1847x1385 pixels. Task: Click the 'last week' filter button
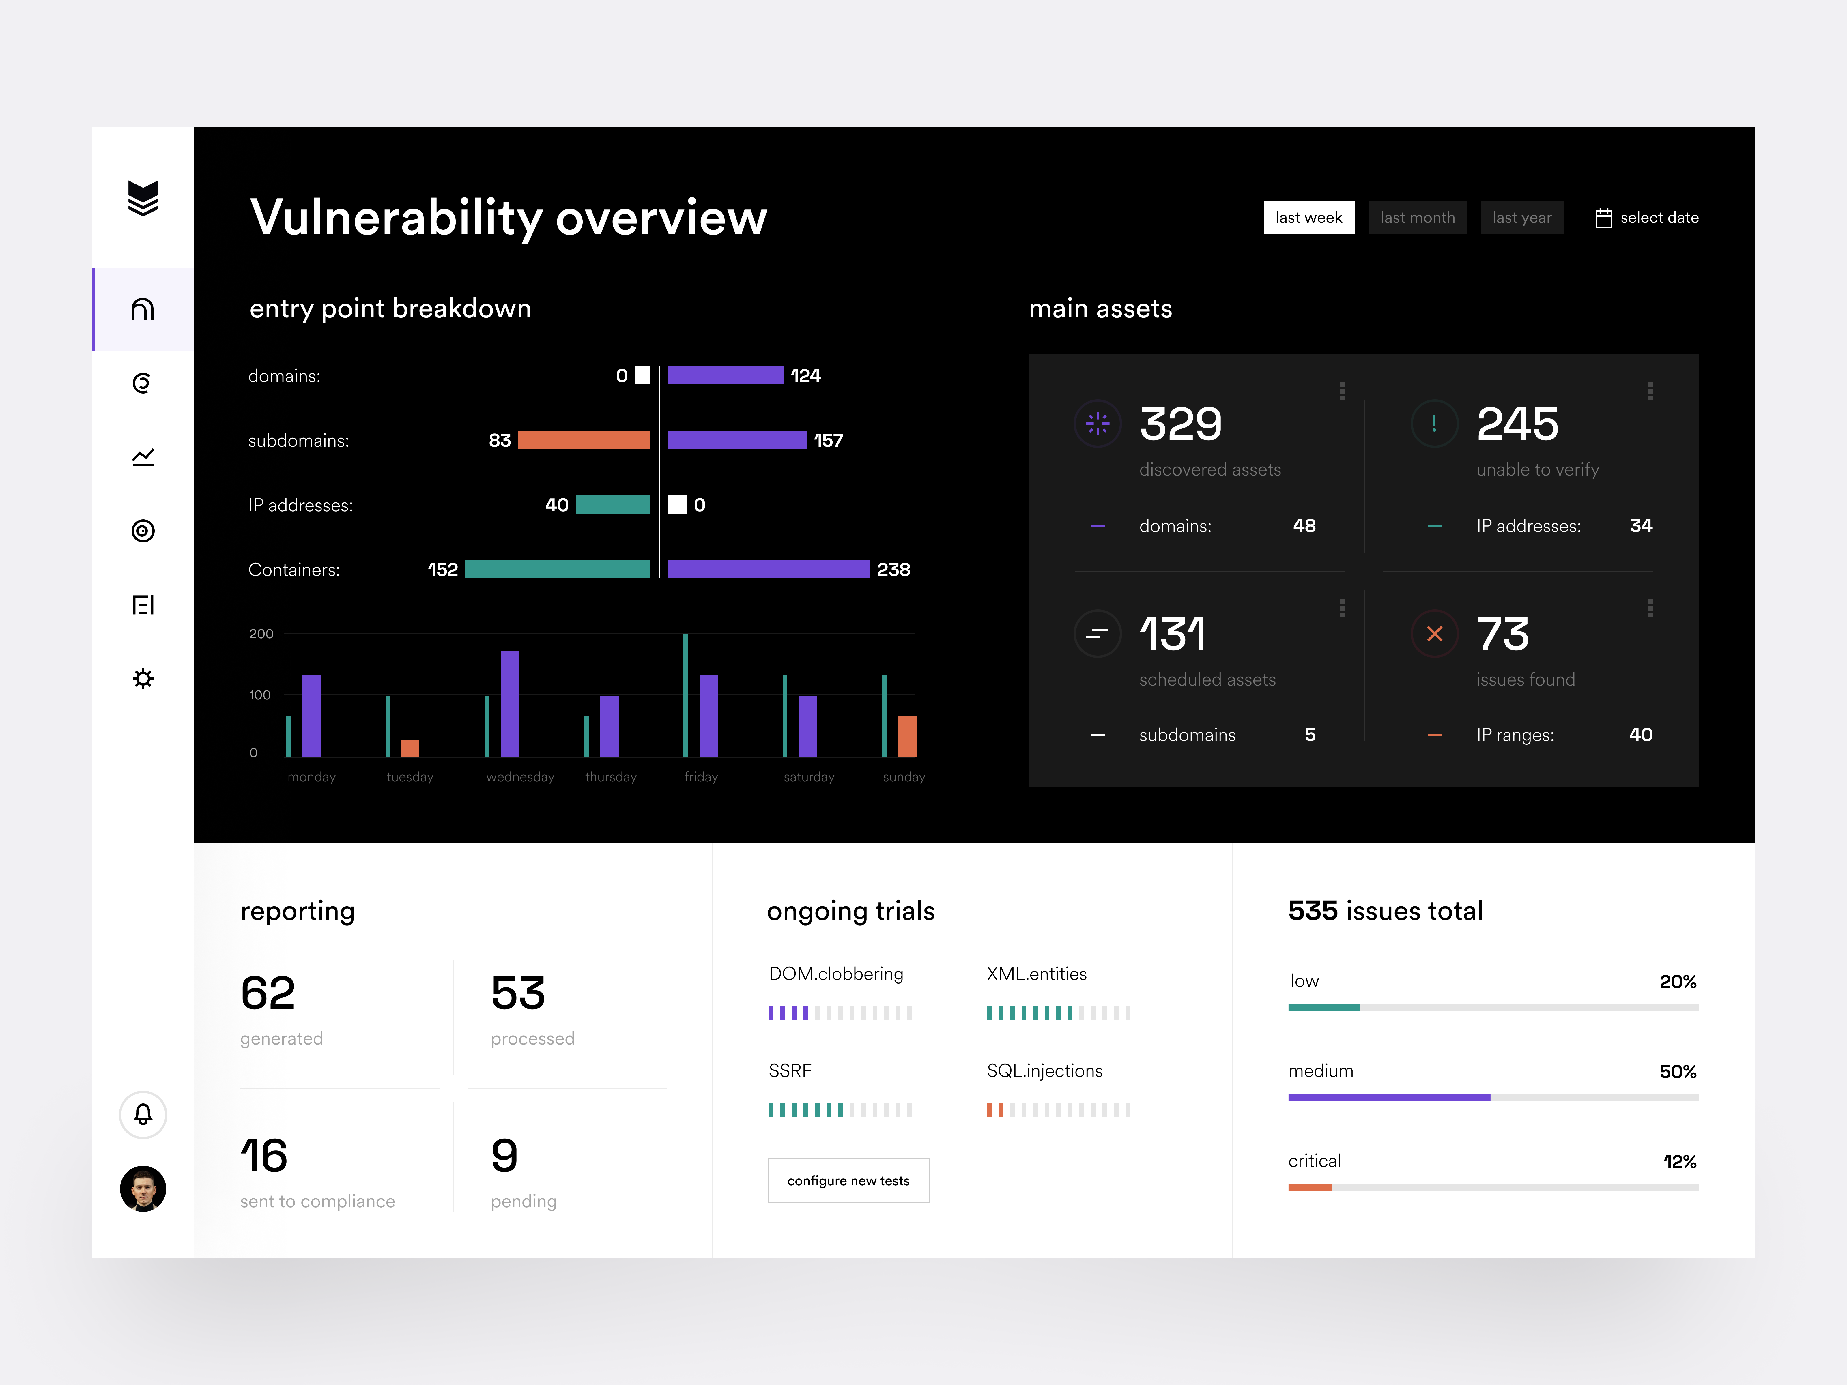click(x=1308, y=218)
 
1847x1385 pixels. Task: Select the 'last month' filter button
click(x=1417, y=218)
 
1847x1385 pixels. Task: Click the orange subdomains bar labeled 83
click(x=584, y=440)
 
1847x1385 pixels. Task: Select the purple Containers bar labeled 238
click(x=768, y=569)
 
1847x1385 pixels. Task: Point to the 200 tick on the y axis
click(x=261, y=634)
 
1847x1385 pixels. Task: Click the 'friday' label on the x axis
click(x=700, y=777)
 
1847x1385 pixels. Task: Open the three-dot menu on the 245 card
click(x=1650, y=392)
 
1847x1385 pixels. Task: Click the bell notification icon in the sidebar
click(x=143, y=1115)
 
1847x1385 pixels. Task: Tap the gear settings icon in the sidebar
click(x=143, y=679)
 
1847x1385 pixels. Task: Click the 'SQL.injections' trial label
click(x=1044, y=1071)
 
